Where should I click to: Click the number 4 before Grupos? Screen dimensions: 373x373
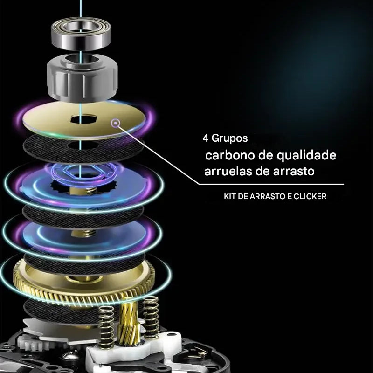click(206, 138)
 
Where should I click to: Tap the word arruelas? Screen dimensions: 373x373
click(228, 171)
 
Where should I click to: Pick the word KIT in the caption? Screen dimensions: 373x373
click(231, 197)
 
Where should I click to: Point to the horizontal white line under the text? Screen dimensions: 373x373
click(270, 184)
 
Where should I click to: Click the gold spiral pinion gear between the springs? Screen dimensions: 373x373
click(129, 322)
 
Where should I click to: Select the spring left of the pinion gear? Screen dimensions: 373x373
click(106, 326)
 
